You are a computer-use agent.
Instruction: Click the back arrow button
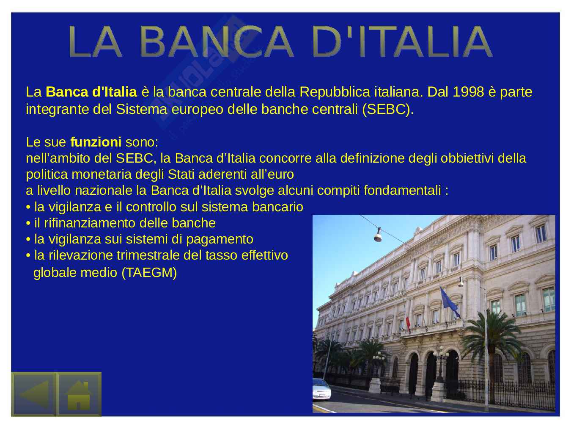click(x=33, y=395)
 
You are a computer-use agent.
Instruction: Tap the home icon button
click(x=79, y=395)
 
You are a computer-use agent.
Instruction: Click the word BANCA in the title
click(x=217, y=42)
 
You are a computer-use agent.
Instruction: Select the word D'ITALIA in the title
click(x=402, y=42)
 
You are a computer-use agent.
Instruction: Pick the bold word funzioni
click(x=96, y=142)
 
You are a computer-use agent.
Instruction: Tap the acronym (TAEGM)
click(x=149, y=273)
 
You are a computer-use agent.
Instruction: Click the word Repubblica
click(x=335, y=92)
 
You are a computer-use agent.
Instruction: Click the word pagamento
click(x=220, y=240)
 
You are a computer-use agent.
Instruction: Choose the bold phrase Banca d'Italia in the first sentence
click(x=91, y=92)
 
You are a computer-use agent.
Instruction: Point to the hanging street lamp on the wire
click(x=378, y=235)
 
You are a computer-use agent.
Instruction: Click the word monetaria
click(x=102, y=174)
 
